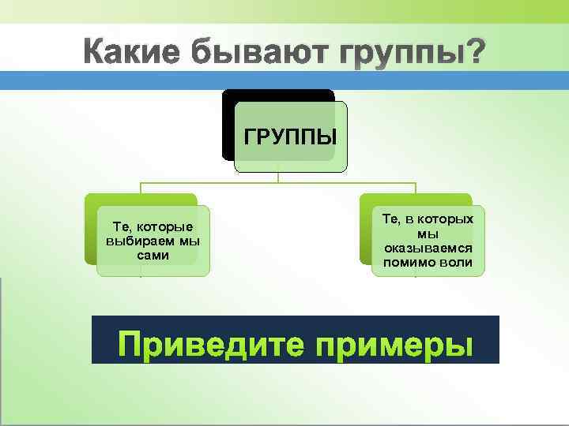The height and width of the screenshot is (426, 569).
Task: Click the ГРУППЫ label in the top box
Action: (290, 136)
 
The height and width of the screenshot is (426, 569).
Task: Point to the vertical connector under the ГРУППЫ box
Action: (278, 177)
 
